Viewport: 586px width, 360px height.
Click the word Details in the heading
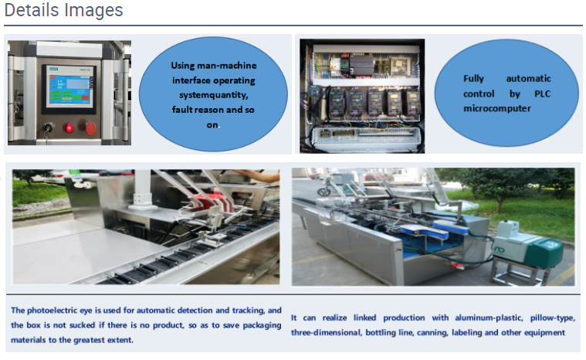click(x=32, y=10)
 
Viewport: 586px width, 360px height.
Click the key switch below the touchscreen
click(x=48, y=128)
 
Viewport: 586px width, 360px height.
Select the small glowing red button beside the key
click(x=69, y=128)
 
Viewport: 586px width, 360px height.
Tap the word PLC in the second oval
click(x=542, y=93)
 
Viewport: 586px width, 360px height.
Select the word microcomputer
click(x=497, y=108)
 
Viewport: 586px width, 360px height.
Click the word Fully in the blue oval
click(x=473, y=79)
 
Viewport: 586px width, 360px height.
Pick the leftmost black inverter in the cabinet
click(x=337, y=103)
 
